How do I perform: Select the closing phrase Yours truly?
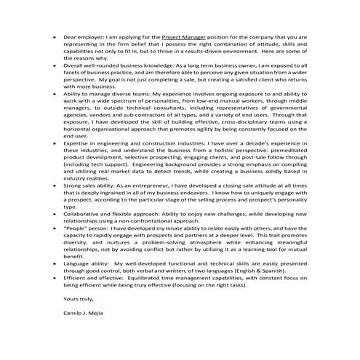(78, 317)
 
